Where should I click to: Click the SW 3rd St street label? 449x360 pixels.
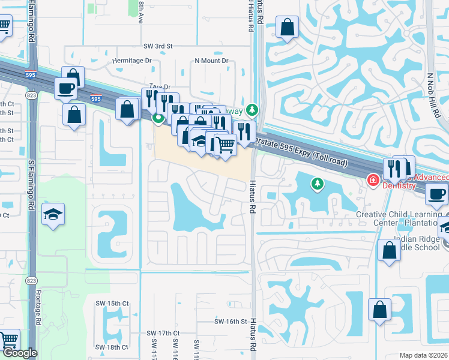click(x=158, y=46)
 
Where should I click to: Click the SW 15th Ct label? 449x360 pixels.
click(x=112, y=304)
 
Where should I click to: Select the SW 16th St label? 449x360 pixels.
click(x=231, y=322)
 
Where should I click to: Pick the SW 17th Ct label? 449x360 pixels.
click(x=163, y=333)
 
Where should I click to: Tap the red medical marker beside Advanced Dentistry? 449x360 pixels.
click(x=373, y=179)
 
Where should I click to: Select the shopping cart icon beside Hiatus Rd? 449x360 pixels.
click(x=225, y=145)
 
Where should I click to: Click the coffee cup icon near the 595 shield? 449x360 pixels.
click(x=65, y=89)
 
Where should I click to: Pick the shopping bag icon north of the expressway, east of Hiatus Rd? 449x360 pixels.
click(x=288, y=26)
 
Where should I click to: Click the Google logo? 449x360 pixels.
click(x=19, y=353)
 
